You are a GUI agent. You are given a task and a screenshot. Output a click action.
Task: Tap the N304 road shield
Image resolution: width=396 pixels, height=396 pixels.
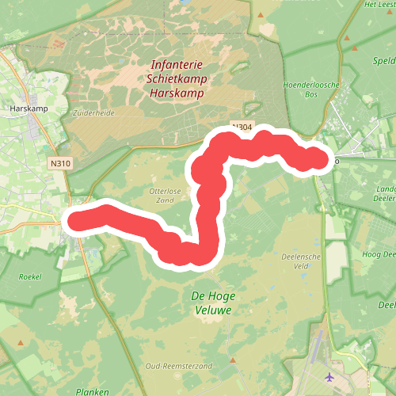click(242, 126)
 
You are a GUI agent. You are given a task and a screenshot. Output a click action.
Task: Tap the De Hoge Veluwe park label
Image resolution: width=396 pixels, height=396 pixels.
click(211, 303)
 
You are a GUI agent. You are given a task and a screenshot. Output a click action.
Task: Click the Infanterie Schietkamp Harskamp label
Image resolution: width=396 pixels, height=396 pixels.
click(175, 80)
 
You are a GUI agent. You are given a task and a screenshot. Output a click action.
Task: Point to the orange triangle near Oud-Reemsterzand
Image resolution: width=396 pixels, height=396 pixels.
click(235, 360)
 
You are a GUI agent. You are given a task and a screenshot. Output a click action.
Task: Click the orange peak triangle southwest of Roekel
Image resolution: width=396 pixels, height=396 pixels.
click(18, 343)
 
